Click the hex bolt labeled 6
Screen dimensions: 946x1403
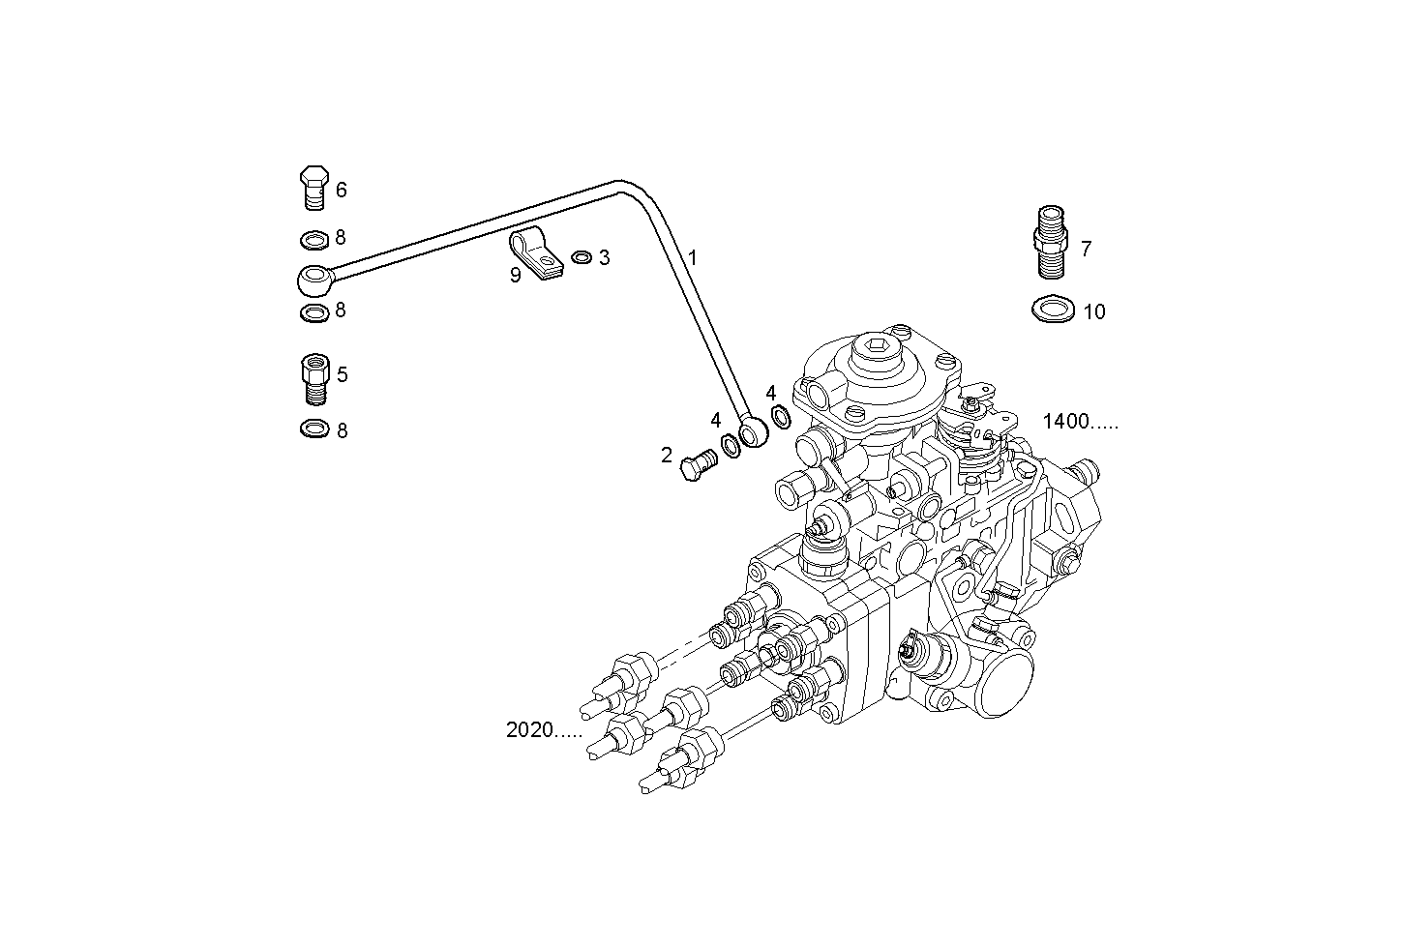point(313,188)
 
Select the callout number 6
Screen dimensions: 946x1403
point(341,190)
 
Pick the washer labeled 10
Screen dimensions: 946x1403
point(1052,310)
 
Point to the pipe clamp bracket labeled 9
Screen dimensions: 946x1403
point(534,254)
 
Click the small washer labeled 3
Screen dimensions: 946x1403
point(582,257)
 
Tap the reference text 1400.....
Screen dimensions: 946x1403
point(1079,421)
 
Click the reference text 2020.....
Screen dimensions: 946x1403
point(544,730)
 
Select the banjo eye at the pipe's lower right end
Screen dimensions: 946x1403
point(752,432)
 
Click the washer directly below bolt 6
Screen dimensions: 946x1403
point(313,238)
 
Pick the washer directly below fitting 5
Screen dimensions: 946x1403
point(313,429)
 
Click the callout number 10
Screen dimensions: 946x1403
point(1093,311)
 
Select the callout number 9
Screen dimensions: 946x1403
point(515,276)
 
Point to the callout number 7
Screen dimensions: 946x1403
point(1086,249)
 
